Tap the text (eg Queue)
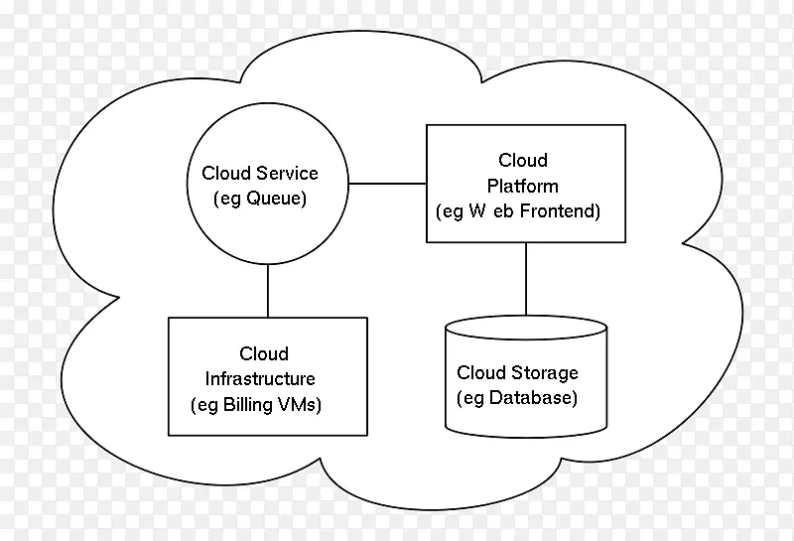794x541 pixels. (x=261, y=199)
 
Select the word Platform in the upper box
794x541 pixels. (x=523, y=186)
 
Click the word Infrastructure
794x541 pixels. (x=260, y=379)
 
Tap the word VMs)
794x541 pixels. (x=304, y=405)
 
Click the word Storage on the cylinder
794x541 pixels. (x=544, y=373)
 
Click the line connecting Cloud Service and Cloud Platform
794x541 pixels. (x=386, y=184)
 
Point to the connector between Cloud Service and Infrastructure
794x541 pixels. (x=268, y=292)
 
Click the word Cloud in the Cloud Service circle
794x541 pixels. (x=224, y=174)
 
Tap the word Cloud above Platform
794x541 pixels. (x=523, y=160)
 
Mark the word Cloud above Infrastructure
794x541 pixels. (x=264, y=353)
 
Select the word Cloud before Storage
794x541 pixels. (x=481, y=373)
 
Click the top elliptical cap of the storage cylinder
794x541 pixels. (x=526, y=327)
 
